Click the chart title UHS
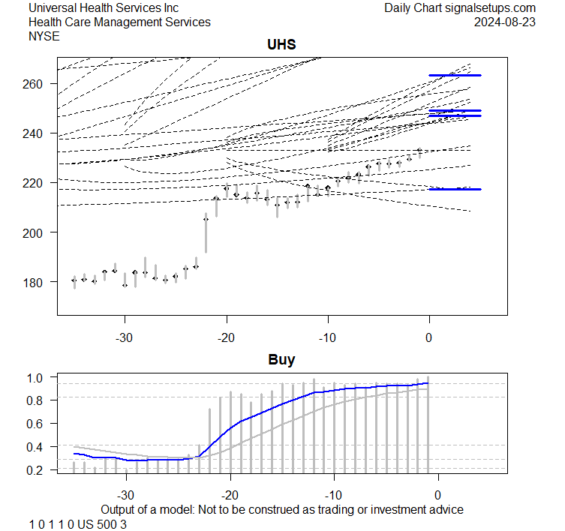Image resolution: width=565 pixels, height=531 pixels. (281, 44)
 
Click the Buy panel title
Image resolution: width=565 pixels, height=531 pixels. (281, 359)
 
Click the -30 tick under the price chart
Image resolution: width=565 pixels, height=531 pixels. (124, 337)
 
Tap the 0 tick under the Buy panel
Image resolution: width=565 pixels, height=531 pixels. (437, 495)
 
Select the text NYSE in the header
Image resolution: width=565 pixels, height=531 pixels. (45, 36)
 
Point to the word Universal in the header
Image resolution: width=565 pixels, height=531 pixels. (54, 7)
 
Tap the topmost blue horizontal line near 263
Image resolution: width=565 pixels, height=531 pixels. (455, 75)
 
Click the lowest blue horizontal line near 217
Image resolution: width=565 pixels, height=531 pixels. (455, 189)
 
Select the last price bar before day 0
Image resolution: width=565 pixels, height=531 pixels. (419, 153)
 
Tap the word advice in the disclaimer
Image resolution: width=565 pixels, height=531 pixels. (446, 509)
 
